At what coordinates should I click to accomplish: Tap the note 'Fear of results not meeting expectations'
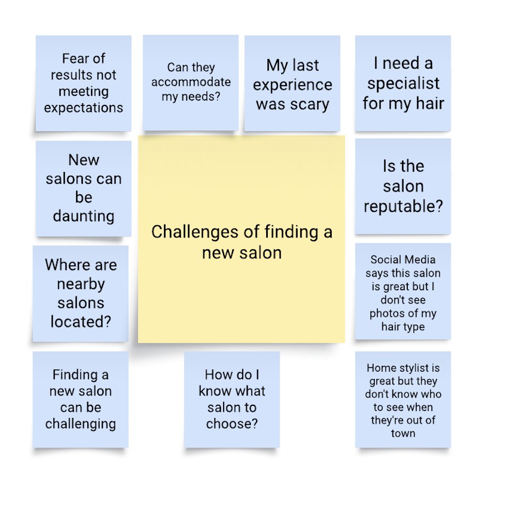point(84,83)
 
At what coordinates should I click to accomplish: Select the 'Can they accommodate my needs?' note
point(191,83)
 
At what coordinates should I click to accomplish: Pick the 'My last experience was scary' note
point(292,83)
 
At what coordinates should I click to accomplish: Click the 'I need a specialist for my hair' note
point(403,83)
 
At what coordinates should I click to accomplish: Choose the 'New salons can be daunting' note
point(84,188)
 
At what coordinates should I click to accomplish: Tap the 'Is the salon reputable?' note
point(403,186)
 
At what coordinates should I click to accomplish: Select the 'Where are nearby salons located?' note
point(80,293)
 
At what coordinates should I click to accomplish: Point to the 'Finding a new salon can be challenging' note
point(80,399)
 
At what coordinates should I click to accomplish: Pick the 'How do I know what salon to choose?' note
point(232,399)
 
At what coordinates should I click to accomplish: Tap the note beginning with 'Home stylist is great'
point(403,399)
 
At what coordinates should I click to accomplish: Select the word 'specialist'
point(404,83)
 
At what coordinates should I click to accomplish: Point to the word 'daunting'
point(84,216)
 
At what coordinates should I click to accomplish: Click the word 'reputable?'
point(403,206)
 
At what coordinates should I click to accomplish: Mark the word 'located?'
point(81,322)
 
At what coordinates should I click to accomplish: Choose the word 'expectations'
point(84,108)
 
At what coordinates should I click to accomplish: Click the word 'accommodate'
point(191,82)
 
